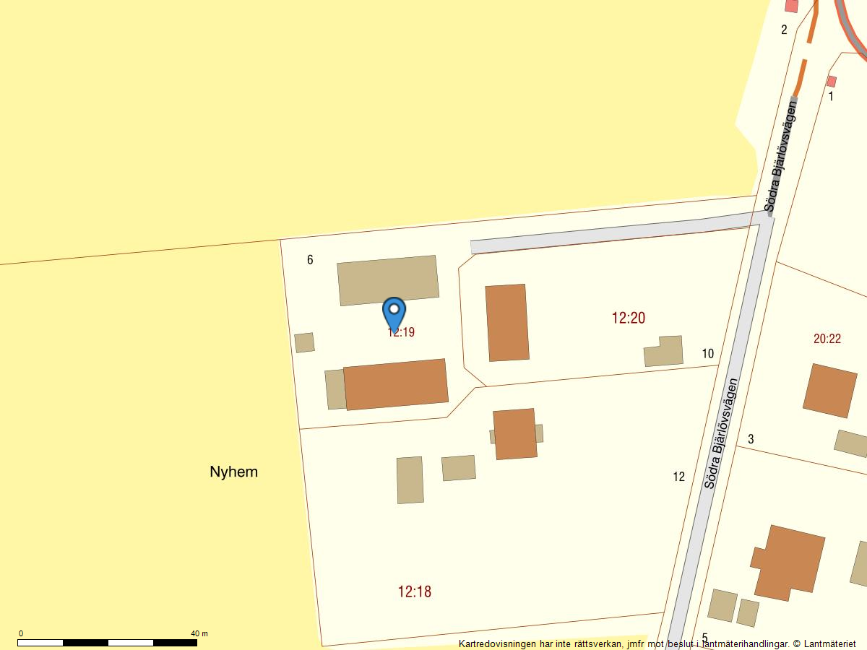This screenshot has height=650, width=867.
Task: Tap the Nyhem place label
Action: point(233,472)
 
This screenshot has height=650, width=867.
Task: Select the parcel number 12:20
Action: point(628,318)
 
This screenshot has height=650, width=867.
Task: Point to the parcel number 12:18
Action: point(414,591)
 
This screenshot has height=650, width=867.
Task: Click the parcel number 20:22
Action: point(827,339)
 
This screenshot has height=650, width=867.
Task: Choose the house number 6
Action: point(310,260)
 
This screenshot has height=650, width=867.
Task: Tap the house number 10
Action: point(707,353)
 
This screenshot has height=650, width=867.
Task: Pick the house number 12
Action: point(678,477)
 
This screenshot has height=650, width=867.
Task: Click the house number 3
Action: point(751,439)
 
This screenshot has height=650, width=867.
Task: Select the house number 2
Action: point(784,30)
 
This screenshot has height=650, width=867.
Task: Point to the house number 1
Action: point(831,96)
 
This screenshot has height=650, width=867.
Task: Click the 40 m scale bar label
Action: point(199,633)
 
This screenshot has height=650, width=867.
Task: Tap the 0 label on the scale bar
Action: point(20,633)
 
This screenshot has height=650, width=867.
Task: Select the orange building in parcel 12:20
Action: point(507,323)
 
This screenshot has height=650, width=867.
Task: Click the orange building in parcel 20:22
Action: point(829,391)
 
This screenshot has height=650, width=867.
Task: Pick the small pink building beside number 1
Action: point(831,81)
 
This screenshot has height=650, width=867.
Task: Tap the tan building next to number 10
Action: point(664,352)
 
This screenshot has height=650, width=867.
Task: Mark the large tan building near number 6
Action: point(388,280)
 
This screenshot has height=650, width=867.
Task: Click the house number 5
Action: point(704,638)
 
